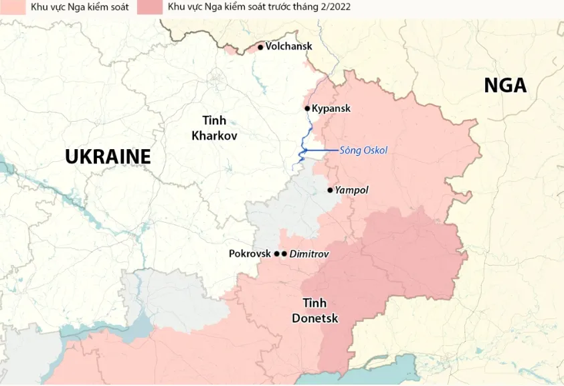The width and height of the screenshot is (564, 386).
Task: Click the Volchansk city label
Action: tap(289, 47)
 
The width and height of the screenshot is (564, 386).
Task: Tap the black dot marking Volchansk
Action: tap(260, 47)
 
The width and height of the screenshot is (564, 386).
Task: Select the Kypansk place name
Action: tap(331, 108)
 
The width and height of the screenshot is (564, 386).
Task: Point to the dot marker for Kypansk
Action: tap(307, 108)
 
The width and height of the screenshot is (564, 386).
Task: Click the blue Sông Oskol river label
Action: tap(363, 151)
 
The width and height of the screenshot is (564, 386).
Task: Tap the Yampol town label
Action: tap(352, 190)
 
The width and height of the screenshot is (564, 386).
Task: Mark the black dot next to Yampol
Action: tap(330, 190)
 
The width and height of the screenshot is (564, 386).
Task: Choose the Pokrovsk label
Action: tap(250, 254)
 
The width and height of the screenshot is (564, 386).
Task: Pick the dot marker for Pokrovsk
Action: tap(277, 254)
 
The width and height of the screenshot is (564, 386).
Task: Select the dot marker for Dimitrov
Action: tap(284, 254)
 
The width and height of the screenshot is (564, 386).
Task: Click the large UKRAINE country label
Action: tap(108, 157)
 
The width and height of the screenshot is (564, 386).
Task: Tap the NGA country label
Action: tap(505, 86)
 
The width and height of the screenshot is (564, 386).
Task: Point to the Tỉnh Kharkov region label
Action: tap(209, 128)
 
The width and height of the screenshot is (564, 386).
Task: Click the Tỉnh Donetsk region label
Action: tap(314, 310)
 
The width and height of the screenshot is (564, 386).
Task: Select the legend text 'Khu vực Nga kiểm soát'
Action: tap(80, 7)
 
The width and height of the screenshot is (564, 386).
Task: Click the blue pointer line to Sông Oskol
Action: tap(321, 151)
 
